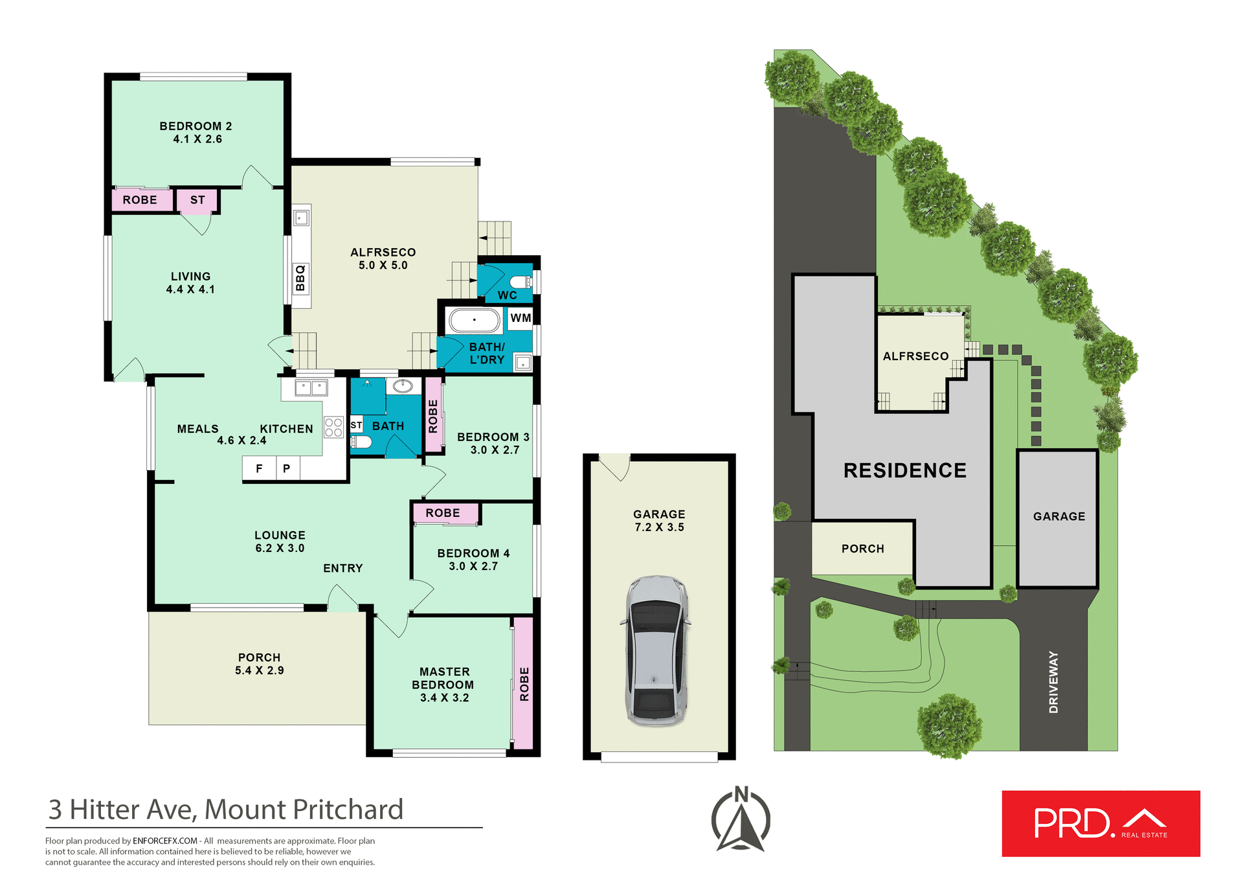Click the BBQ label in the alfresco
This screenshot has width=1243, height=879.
point(300,279)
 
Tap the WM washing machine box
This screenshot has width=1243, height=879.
point(521,318)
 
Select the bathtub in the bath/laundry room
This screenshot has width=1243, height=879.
point(475,321)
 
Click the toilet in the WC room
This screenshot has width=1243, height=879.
point(521,282)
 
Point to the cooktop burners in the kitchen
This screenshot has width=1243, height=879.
point(333,428)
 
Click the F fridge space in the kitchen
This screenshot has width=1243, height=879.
point(259,468)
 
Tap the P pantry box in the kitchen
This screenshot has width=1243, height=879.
point(287,468)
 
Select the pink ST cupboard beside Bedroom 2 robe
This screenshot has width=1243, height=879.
point(197,200)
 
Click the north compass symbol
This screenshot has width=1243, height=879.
point(741,819)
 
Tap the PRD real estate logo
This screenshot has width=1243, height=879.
point(1101,823)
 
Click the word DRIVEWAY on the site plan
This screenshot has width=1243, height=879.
point(1053,682)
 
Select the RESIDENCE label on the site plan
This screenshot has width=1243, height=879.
point(904,470)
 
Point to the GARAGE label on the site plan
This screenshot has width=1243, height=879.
point(1058,516)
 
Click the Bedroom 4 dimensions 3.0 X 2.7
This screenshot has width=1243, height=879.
point(473,566)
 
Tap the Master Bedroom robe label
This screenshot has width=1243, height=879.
point(524,684)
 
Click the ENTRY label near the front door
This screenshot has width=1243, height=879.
point(342,568)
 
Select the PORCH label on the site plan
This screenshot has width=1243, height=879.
point(862,549)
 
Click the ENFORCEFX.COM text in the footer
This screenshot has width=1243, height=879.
point(164,841)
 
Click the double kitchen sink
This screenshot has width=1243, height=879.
point(311,388)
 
